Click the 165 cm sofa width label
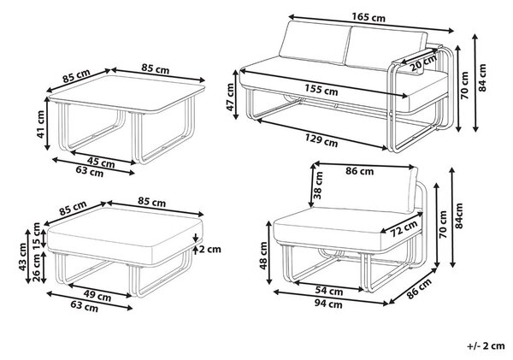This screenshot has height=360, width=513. pos(369,17)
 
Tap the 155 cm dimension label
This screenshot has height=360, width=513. pos(321,90)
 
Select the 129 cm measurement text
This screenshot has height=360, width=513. pos(321,141)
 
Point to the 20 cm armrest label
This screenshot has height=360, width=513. pos(423,62)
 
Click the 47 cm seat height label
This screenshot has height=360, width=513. pos(230,97)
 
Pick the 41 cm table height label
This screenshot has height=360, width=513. pos(40,124)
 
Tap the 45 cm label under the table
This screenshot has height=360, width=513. pos(101,162)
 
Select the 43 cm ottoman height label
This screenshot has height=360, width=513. pos(22,257)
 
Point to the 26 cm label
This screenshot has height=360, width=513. pos(36,268)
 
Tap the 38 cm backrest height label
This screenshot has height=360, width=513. pos(318,186)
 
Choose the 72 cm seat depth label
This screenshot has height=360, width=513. pos(404,228)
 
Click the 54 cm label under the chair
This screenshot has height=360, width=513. pos(329,291)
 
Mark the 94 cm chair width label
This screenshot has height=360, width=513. pos(328,304)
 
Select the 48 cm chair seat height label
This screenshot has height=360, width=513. pos(263,256)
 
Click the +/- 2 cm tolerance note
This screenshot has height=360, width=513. pos(486,345)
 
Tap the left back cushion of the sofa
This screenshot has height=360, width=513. pos(314,43)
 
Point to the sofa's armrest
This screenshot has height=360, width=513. pos(414,60)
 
